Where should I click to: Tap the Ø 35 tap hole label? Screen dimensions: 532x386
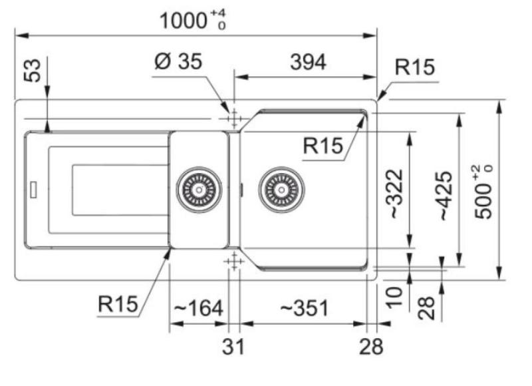pos(178,61)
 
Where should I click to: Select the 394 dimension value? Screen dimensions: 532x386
pos(308,62)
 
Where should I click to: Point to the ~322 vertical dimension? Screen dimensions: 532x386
pos(396,194)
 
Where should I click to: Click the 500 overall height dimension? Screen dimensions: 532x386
pos(483,192)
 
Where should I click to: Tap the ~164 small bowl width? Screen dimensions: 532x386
pos(198,307)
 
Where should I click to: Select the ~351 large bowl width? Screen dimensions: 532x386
pos(305,307)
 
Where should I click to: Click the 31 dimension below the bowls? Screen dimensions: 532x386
pos(233,346)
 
